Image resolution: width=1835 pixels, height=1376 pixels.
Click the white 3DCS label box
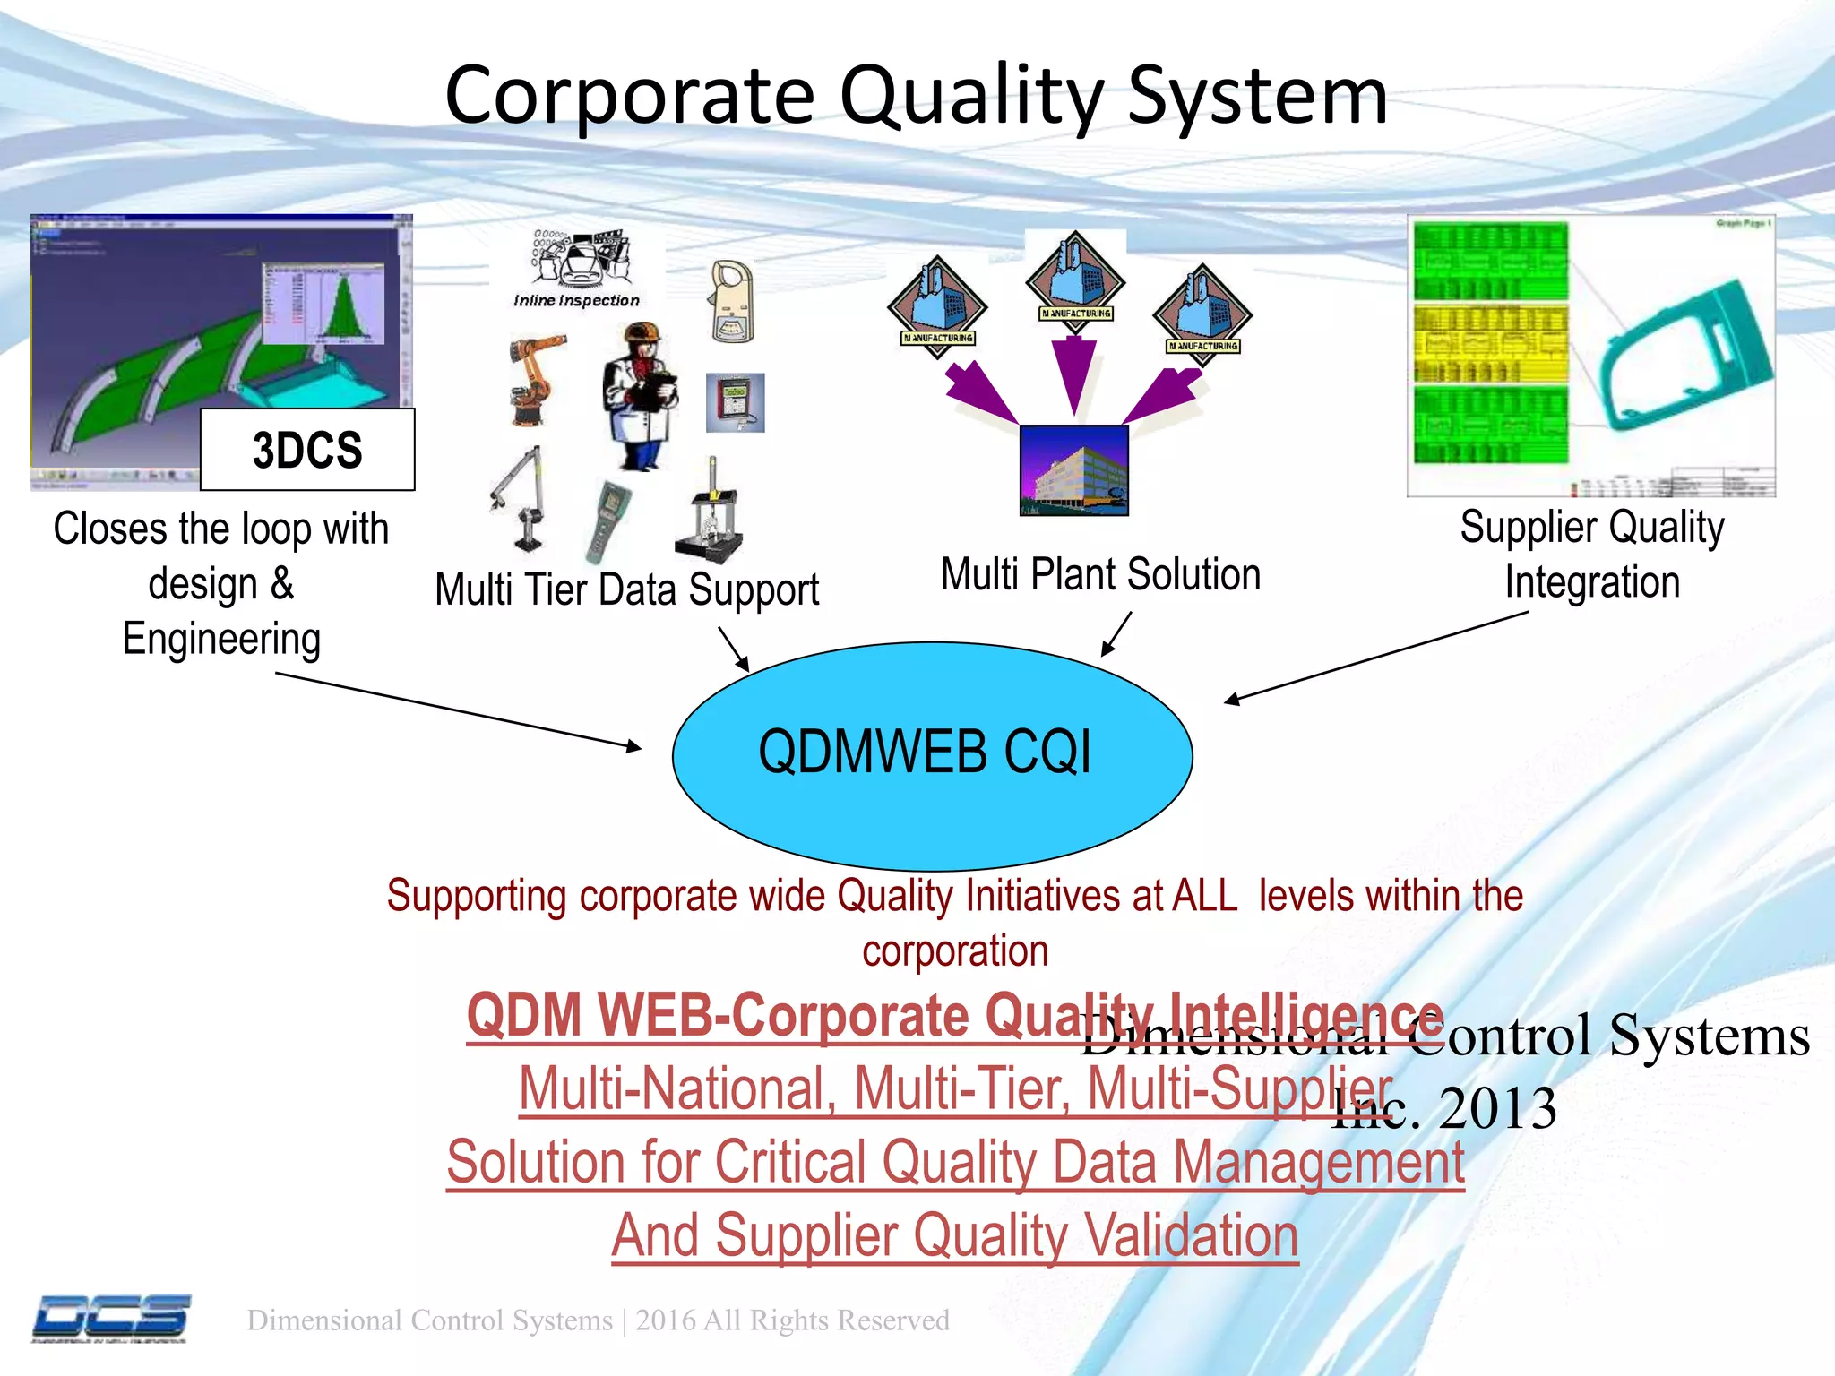(307, 450)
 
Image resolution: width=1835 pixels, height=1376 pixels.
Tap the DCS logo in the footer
(111, 1318)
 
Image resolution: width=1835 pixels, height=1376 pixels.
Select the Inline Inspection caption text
(576, 301)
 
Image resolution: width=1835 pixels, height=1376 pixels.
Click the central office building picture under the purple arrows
(1073, 470)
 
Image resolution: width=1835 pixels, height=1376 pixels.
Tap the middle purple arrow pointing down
(1073, 374)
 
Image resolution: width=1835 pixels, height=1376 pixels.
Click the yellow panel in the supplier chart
(1490, 343)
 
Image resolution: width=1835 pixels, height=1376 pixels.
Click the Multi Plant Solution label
(1100, 574)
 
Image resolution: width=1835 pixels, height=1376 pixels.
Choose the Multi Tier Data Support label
(626, 590)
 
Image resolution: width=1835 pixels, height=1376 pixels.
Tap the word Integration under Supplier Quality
(1591, 582)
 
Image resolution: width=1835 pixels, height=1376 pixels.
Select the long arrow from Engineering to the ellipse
(457, 709)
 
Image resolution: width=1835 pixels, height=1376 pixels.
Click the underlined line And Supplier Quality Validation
(954, 1236)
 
